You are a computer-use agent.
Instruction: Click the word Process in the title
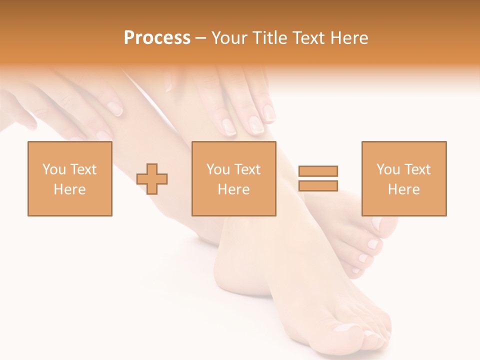(157, 38)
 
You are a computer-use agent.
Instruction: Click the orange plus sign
(152, 179)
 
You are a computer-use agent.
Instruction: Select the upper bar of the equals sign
(318, 171)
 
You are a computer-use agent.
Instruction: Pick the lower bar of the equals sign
(318, 185)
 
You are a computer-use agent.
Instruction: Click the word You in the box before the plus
(54, 169)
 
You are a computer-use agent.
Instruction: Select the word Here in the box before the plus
(70, 189)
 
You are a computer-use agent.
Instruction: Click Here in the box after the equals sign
(404, 189)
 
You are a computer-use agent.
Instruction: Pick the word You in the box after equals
(388, 169)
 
